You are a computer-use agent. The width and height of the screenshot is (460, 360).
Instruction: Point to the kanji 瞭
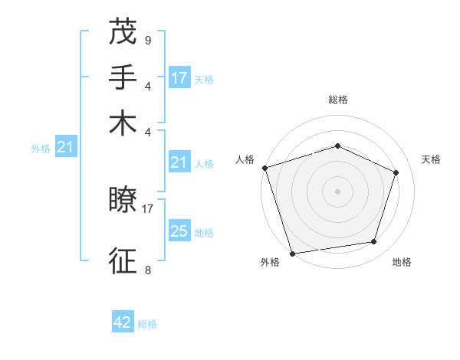coord(123,201)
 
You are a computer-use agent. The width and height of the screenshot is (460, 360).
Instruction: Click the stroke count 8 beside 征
coord(147,269)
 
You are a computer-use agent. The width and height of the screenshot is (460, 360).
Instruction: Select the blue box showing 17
coord(179,77)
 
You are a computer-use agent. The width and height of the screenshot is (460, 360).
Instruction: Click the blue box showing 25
coord(179,231)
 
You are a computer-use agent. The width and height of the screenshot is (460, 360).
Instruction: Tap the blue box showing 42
coord(123,322)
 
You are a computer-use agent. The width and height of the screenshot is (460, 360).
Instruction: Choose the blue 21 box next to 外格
coord(64,146)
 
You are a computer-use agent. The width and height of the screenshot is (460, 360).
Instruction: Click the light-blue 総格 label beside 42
coord(147,324)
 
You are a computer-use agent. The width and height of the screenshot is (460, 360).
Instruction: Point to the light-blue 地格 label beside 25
coord(204,233)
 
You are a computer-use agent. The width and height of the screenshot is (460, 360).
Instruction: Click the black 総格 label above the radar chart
coord(338,100)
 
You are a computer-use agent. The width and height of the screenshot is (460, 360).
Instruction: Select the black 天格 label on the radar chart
coord(431,159)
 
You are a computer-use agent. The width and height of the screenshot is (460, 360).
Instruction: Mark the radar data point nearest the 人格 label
coord(264,168)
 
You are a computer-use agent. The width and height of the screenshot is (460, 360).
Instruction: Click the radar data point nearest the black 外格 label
coord(293,253)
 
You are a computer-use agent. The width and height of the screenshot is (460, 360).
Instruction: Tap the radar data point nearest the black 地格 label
coord(374,242)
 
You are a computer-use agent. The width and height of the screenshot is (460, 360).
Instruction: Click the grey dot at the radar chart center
coord(338,191)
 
